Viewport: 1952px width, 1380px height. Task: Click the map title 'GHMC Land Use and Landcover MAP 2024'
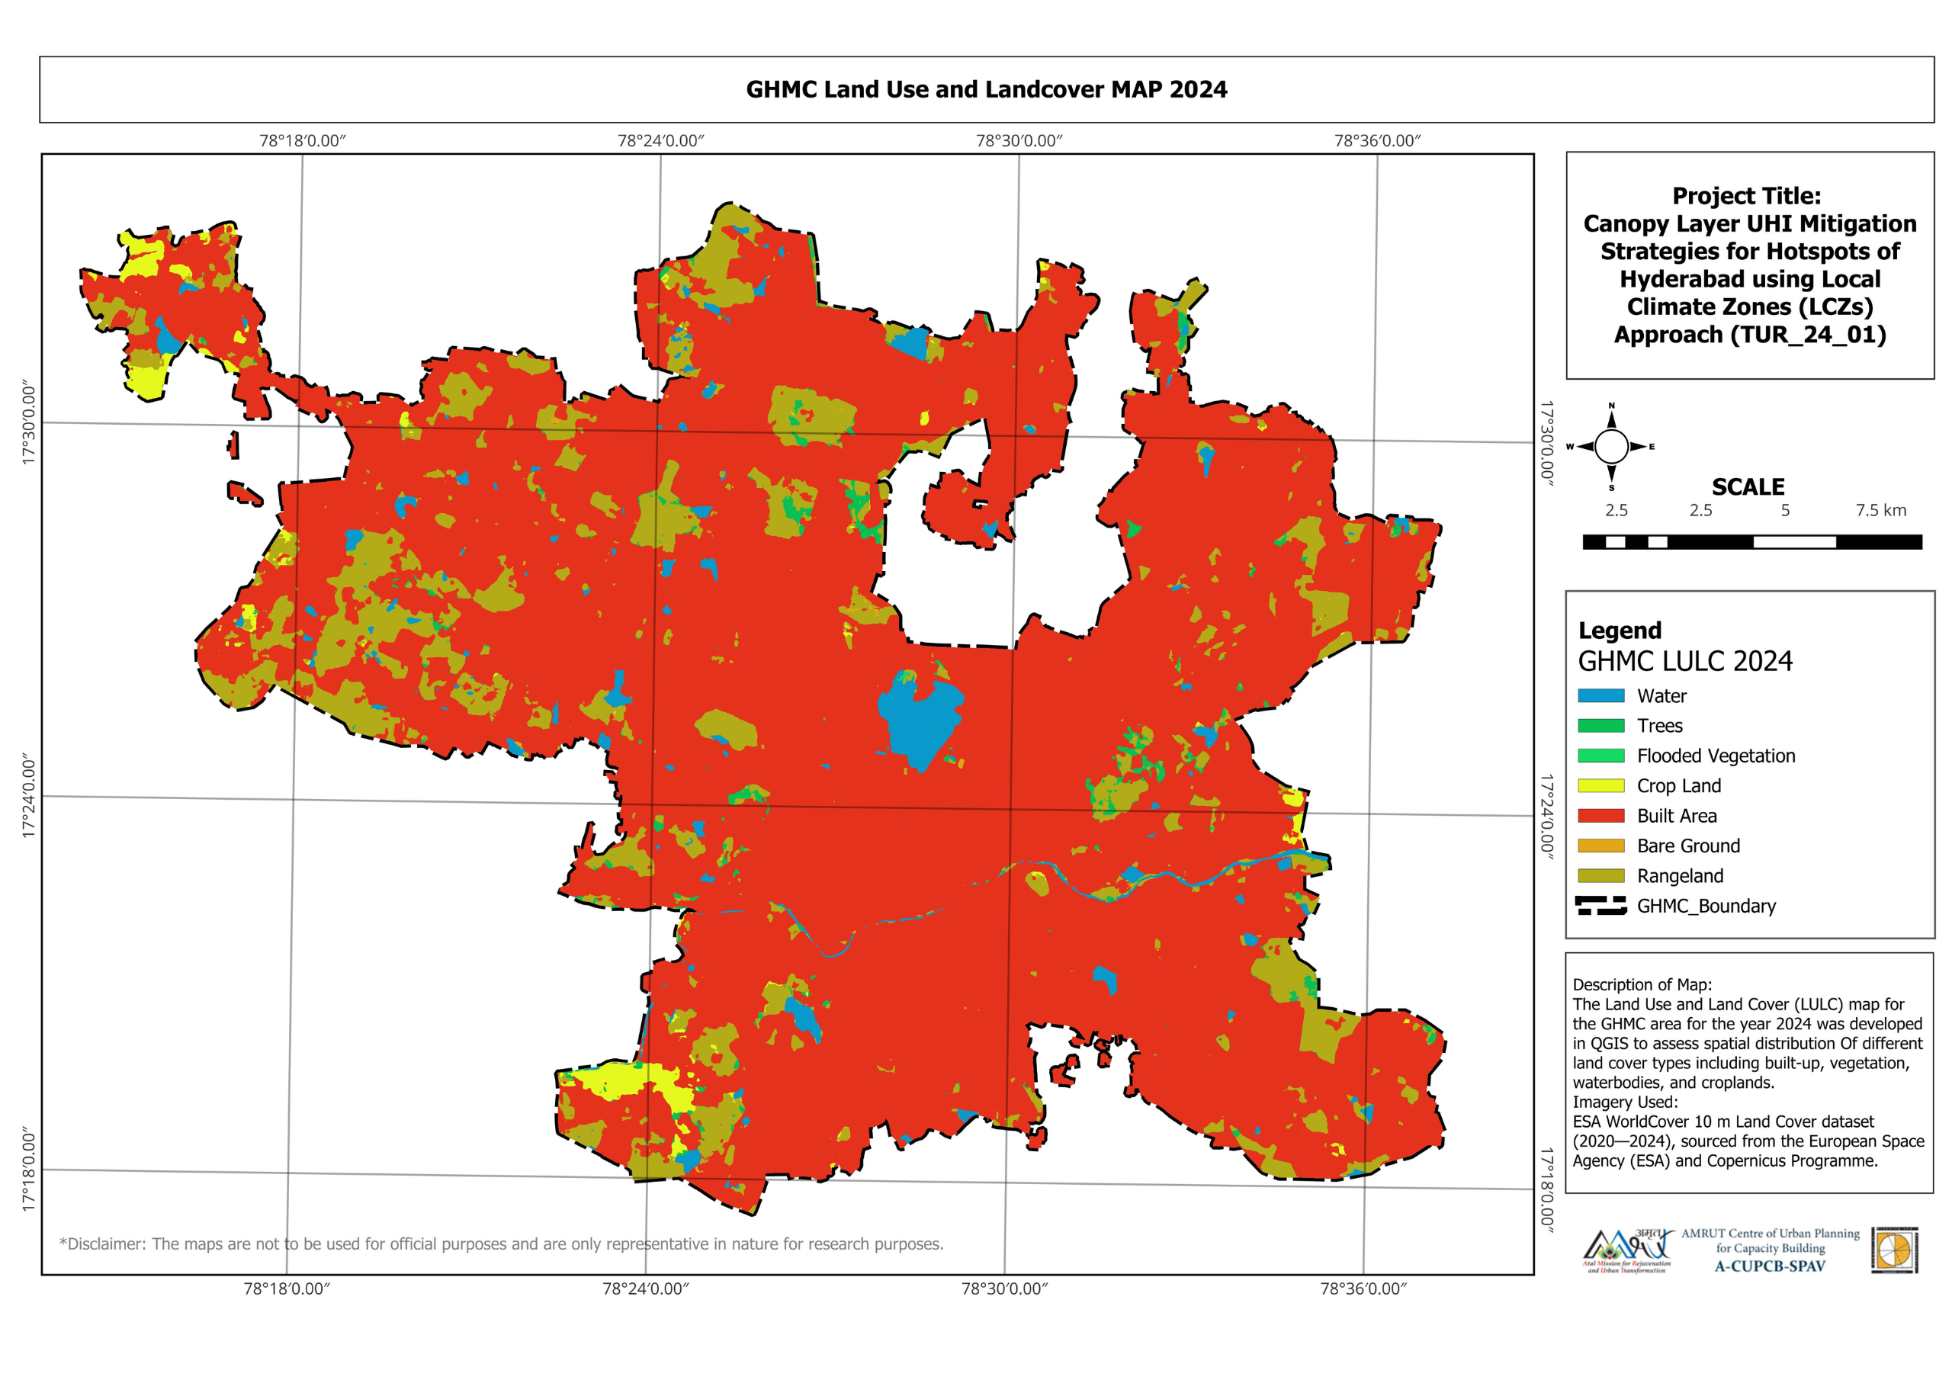(986, 89)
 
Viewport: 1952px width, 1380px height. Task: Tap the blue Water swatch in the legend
(1601, 695)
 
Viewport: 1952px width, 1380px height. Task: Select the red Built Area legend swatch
(1601, 815)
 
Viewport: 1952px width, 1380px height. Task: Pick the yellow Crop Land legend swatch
(1601, 785)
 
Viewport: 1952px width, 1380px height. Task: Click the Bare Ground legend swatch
(1601, 846)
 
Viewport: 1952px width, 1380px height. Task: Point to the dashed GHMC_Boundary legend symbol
(1601, 906)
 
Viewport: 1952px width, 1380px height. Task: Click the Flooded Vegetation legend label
(1716, 756)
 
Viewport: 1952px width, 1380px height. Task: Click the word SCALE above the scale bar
(1748, 487)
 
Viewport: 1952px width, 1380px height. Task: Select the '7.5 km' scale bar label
(1880, 510)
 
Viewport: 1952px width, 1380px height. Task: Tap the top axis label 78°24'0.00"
(660, 140)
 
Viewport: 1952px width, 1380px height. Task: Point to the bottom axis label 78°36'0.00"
(1363, 1289)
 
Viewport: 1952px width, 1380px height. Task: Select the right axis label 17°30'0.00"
(1546, 443)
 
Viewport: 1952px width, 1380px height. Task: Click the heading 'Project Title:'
(1746, 196)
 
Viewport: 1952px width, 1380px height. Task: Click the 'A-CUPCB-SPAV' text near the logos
(1769, 1266)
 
